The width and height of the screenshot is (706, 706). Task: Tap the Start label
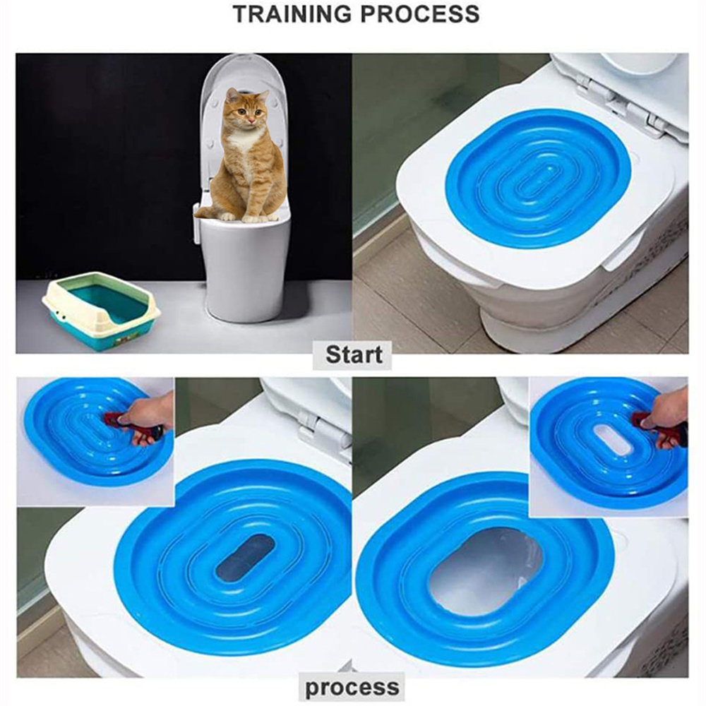[x=353, y=355]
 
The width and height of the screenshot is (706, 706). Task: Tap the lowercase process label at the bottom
[x=352, y=687]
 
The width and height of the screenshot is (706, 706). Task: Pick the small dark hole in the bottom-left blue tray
[x=245, y=557]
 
